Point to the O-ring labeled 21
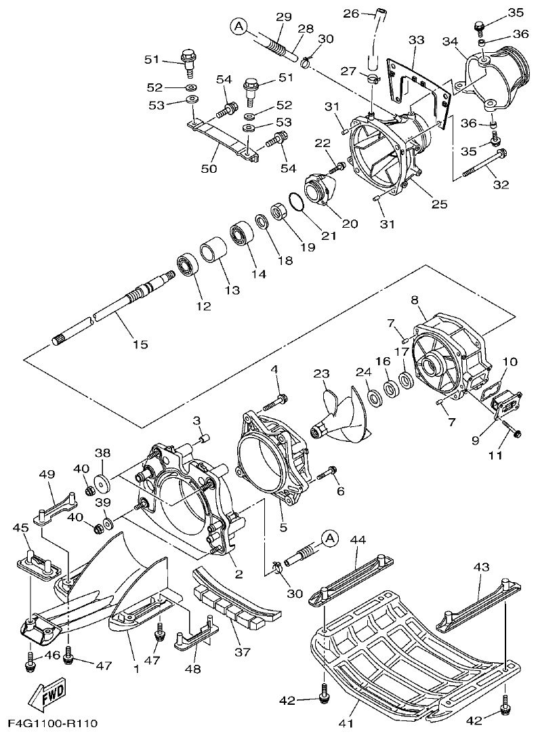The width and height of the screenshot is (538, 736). pos(296,202)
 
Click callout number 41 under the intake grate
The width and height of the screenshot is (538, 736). pos(346,724)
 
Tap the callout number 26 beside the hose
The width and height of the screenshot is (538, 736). pos(350,13)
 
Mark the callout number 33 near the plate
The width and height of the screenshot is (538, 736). pos(415,40)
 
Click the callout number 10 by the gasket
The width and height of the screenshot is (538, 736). pos(510,362)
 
